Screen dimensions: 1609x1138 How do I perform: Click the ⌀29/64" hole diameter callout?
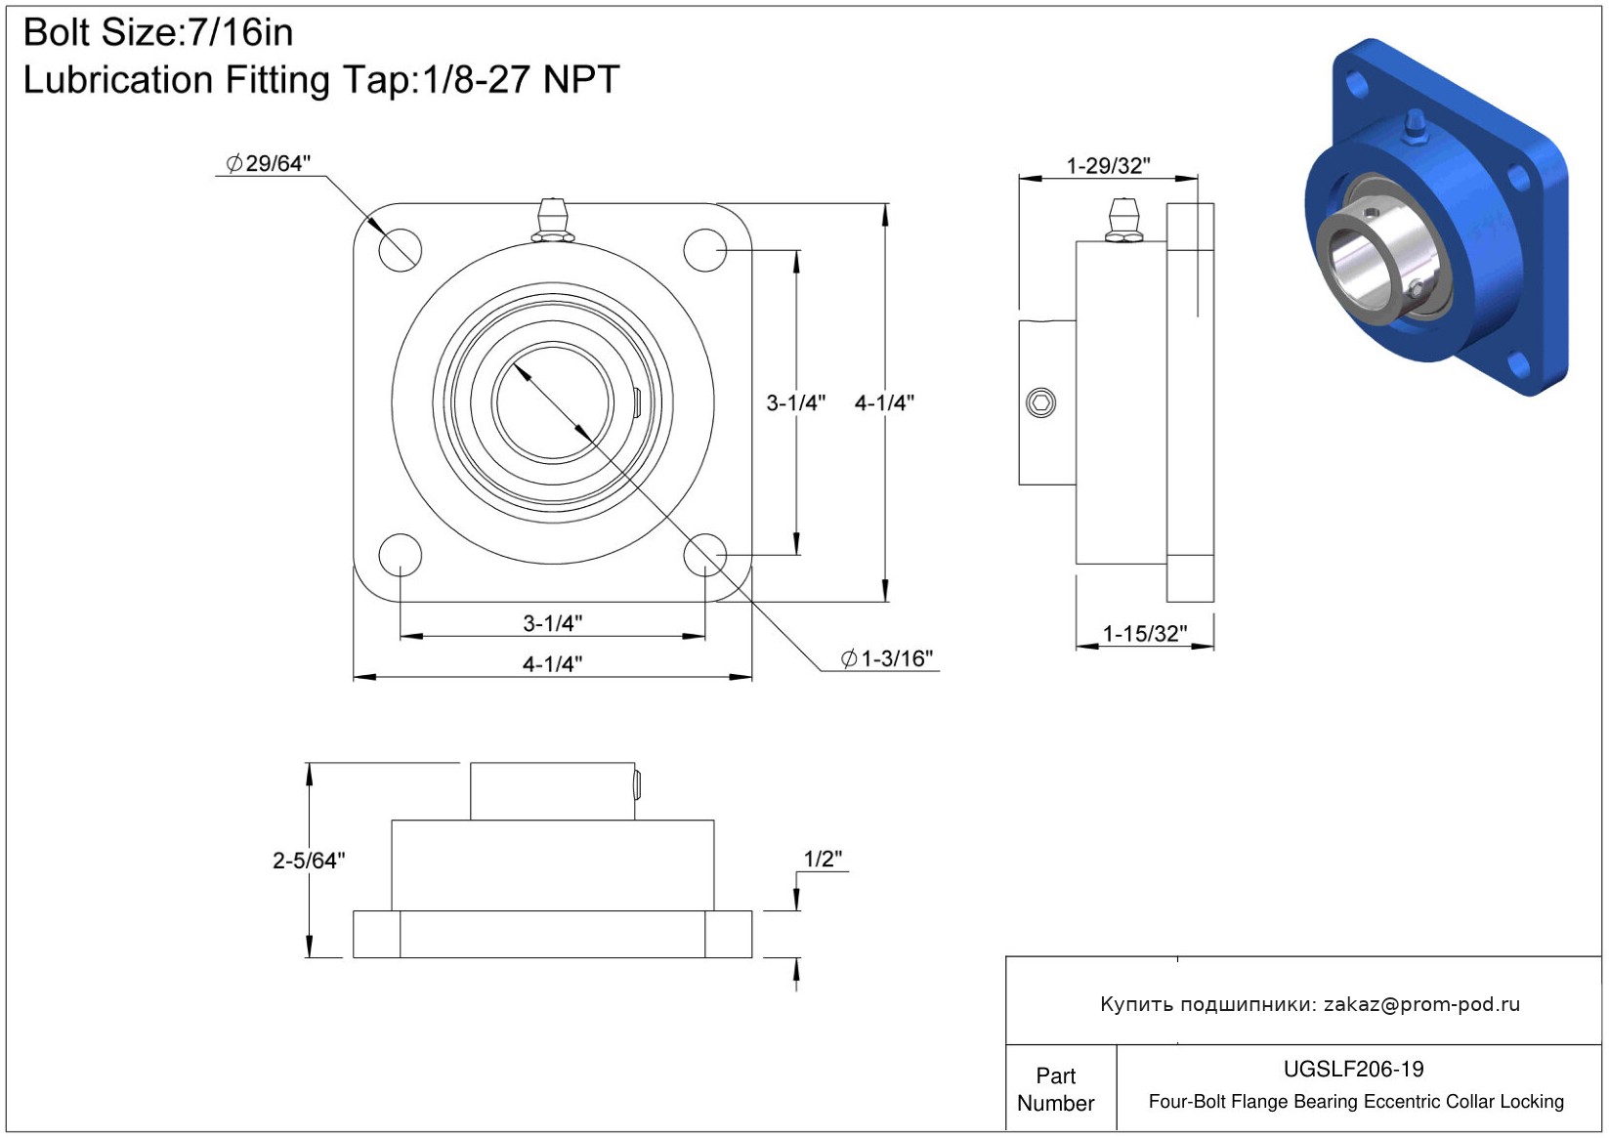click(268, 164)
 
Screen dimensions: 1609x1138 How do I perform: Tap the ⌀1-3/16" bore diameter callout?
click(887, 658)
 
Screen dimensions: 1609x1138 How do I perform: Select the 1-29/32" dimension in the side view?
click(1109, 166)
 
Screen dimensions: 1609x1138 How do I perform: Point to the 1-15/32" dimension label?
click(1145, 634)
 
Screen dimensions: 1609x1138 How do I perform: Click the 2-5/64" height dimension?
click(309, 860)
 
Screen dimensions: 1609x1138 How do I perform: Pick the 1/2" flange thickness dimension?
click(823, 859)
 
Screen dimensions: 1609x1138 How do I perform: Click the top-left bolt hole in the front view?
click(401, 250)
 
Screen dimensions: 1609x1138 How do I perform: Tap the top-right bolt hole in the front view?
click(705, 250)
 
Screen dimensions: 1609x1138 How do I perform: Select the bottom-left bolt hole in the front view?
click(401, 556)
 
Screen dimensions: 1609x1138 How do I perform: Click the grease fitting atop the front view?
click(552, 220)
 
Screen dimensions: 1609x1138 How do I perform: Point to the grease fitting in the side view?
click(1124, 220)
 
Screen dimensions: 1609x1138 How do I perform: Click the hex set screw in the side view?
click(1040, 402)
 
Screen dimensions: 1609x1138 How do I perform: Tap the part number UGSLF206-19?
click(1353, 1069)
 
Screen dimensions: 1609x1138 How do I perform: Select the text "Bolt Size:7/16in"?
click(158, 33)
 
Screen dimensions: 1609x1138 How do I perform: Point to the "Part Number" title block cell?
click(1056, 1089)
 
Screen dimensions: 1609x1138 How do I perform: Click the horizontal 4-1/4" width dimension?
click(552, 663)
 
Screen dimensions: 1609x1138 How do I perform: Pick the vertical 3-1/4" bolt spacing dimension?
click(796, 403)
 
